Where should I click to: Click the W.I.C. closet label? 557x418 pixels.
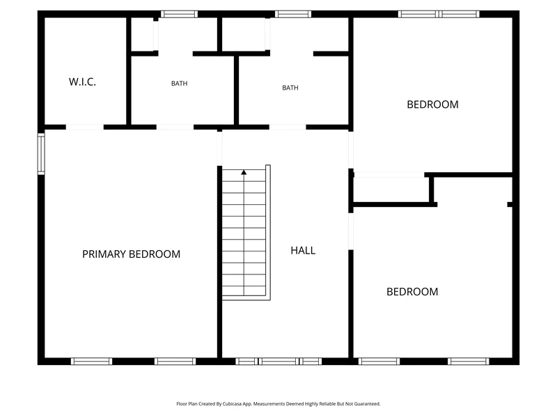pyautogui.click(x=82, y=82)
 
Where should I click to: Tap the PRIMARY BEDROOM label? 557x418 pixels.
pyautogui.click(x=131, y=254)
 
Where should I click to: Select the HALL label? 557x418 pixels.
pyautogui.click(x=303, y=251)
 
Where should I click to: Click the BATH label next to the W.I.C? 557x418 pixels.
pyautogui.click(x=179, y=83)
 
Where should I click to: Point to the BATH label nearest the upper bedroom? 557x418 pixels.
pyautogui.click(x=290, y=88)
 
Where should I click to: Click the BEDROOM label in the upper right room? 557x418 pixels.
pyautogui.click(x=432, y=104)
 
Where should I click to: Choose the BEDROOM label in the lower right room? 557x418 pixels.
pyautogui.click(x=412, y=292)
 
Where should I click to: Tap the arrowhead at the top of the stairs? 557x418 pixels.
pyautogui.click(x=244, y=172)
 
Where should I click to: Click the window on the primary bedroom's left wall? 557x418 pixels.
pyautogui.click(x=41, y=154)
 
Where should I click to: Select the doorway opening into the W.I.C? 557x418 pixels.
pyautogui.click(x=84, y=127)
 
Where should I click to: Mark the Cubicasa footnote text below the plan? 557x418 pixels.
pyautogui.click(x=278, y=404)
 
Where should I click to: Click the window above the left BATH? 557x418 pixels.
pyautogui.click(x=179, y=14)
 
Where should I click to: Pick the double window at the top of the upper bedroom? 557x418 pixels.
pyautogui.click(x=439, y=14)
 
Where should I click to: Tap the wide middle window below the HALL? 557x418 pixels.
pyautogui.click(x=278, y=362)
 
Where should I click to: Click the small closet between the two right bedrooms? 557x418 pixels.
pyautogui.click(x=391, y=189)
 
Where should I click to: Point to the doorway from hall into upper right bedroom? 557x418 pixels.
pyautogui.click(x=351, y=150)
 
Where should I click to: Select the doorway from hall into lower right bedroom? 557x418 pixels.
pyautogui.click(x=351, y=231)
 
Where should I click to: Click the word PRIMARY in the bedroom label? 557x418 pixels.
pyautogui.click(x=104, y=254)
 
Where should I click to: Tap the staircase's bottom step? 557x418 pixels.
pyautogui.click(x=244, y=291)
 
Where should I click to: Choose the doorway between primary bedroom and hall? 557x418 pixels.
pyautogui.click(x=219, y=148)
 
